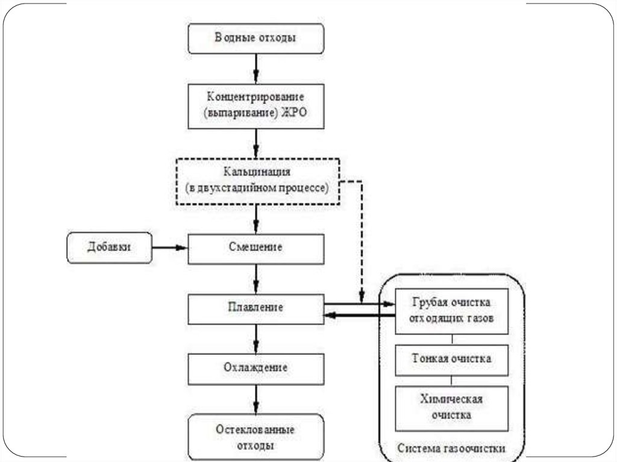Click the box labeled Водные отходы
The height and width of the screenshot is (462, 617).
click(256, 37)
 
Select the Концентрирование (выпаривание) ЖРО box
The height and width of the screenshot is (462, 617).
click(256, 106)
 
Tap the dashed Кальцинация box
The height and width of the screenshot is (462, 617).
click(257, 181)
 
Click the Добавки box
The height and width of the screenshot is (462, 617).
click(108, 248)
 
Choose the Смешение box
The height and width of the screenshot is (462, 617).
click(256, 248)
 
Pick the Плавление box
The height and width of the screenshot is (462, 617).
click(256, 308)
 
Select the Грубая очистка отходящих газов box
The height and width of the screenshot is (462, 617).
click(451, 310)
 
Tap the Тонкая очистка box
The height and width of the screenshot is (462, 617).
click(451, 359)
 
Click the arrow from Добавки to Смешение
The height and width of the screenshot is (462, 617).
click(169, 248)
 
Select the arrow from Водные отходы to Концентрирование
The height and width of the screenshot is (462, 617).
click(256, 67)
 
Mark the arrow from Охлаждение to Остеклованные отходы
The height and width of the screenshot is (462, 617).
click(256, 399)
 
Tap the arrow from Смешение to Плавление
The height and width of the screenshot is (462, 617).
click(256, 278)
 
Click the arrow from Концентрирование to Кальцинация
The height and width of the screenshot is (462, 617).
click(256, 143)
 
